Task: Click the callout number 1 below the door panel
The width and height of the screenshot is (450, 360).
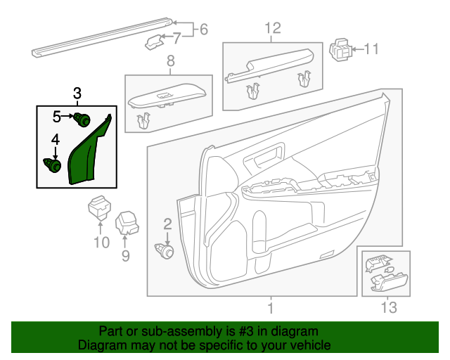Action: (x=271, y=307)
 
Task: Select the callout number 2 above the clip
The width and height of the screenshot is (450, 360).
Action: (x=167, y=224)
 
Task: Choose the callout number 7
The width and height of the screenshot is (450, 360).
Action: (x=176, y=38)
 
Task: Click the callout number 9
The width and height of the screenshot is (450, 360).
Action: (x=126, y=256)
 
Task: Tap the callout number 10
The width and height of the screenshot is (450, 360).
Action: (x=101, y=243)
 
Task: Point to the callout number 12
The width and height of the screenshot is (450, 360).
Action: (x=272, y=28)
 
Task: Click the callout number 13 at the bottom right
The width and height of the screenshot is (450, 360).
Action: (x=388, y=307)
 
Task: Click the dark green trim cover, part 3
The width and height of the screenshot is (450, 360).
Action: (x=90, y=155)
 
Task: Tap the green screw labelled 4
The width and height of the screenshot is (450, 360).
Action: (x=53, y=165)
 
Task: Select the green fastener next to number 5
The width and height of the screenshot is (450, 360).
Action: (x=84, y=120)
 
